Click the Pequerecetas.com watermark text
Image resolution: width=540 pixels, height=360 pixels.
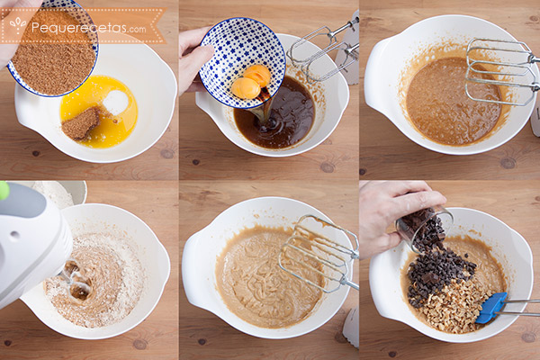(88, 28)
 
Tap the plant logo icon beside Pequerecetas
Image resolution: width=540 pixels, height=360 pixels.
(18, 26)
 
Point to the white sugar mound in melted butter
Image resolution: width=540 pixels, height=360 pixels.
(115, 103)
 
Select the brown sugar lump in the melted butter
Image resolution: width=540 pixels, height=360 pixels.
(81, 124)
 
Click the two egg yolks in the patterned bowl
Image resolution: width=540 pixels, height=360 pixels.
(251, 82)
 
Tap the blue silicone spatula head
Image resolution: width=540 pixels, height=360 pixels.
(491, 308)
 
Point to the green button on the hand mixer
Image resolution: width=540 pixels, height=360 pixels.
(4, 190)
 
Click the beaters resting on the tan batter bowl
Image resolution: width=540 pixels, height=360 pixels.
(319, 254)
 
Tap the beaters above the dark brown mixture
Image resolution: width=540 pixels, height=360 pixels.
(322, 50)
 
